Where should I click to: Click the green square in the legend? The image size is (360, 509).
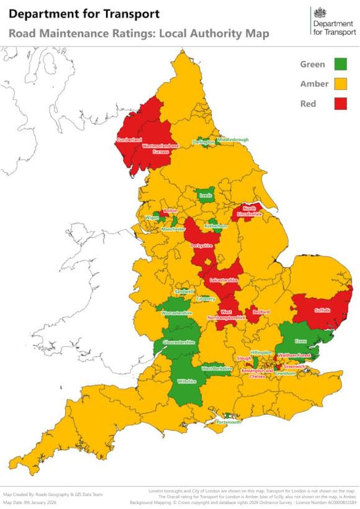click(340, 64)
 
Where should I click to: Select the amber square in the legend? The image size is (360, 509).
click(340, 84)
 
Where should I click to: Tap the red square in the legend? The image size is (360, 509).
click(340, 104)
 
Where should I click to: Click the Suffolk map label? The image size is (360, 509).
click(323, 310)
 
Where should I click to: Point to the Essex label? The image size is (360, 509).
click(301, 341)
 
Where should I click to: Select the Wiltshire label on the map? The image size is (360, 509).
click(187, 381)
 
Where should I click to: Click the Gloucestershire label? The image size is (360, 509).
click(179, 342)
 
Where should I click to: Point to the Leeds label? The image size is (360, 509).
click(205, 195)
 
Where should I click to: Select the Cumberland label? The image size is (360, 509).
click(129, 140)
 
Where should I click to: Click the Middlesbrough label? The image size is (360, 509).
click(233, 140)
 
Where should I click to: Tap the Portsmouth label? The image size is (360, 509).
click(228, 422)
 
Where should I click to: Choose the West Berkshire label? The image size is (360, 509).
click(217, 369)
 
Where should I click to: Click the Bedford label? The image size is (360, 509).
click(261, 312)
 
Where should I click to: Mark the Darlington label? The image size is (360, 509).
click(203, 142)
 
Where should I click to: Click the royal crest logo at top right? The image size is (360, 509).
click(320, 12)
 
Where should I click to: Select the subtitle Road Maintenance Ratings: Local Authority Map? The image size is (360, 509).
click(139, 34)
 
